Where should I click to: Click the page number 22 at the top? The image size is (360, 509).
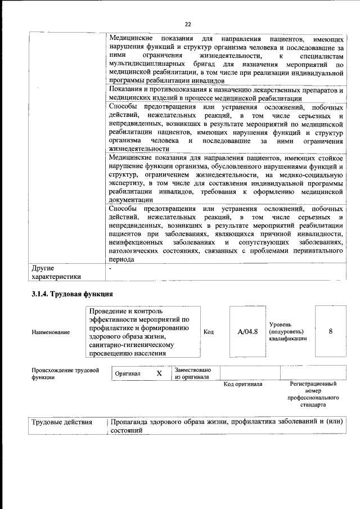click(188, 24)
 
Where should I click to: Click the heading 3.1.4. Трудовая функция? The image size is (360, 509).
click(73, 294)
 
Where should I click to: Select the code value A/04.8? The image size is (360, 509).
click(247, 332)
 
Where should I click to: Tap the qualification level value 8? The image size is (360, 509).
click(331, 332)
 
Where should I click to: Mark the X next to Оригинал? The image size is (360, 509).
click(159, 373)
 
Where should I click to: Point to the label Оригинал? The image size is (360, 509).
click(128, 373)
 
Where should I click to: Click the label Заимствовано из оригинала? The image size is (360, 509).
click(193, 373)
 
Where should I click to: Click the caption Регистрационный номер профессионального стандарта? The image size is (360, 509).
click(313, 394)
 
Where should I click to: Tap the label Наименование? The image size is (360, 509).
click(51, 332)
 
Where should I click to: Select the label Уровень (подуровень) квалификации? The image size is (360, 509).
click(288, 332)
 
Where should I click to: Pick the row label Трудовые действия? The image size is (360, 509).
click(62, 422)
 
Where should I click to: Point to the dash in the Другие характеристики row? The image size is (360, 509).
click(110, 269)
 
